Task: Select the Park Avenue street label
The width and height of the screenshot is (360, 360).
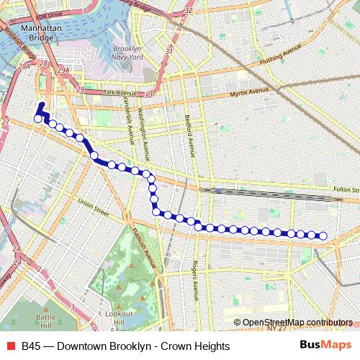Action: coord(120,93)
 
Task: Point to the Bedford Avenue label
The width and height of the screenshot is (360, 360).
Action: coord(189,135)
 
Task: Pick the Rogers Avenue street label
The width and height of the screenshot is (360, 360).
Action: coord(194,280)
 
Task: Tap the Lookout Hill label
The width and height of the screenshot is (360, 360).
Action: coord(118,318)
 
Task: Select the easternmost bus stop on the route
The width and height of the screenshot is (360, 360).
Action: coord(323,235)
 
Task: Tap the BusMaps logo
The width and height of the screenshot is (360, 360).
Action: coord(325,346)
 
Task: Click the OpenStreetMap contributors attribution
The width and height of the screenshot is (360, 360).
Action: coord(297,322)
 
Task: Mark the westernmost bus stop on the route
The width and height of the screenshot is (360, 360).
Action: coord(38,119)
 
